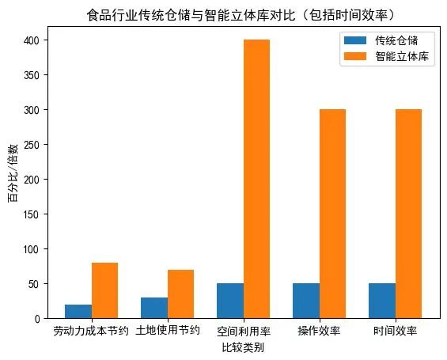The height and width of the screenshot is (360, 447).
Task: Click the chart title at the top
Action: click(x=241, y=15)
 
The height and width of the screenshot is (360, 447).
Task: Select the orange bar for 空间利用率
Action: click(x=256, y=179)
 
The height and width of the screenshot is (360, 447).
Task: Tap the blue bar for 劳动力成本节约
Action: click(x=78, y=311)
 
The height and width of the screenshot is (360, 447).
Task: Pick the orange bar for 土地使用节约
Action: click(x=180, y=294)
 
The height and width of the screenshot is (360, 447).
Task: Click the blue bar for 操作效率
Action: click(x=306, y=301)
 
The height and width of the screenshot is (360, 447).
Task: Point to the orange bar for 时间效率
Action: click(x=408, y=214)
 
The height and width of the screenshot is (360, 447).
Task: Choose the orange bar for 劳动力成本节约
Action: click(x=104, y=290)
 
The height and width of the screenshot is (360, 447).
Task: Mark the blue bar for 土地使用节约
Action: click(x=154, y=308)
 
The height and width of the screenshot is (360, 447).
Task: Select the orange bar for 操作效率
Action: click(x=332, y=214)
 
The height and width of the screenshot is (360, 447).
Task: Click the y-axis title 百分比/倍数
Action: click(x=13, y=173)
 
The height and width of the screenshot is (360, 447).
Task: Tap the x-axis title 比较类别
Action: click(x=243, y=347)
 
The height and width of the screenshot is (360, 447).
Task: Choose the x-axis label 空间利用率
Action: click(x=243, y=331)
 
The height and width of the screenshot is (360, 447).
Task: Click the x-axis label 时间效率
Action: click(x=395, y=331)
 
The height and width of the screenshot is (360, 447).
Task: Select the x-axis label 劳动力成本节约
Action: click(x=90, y=331)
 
